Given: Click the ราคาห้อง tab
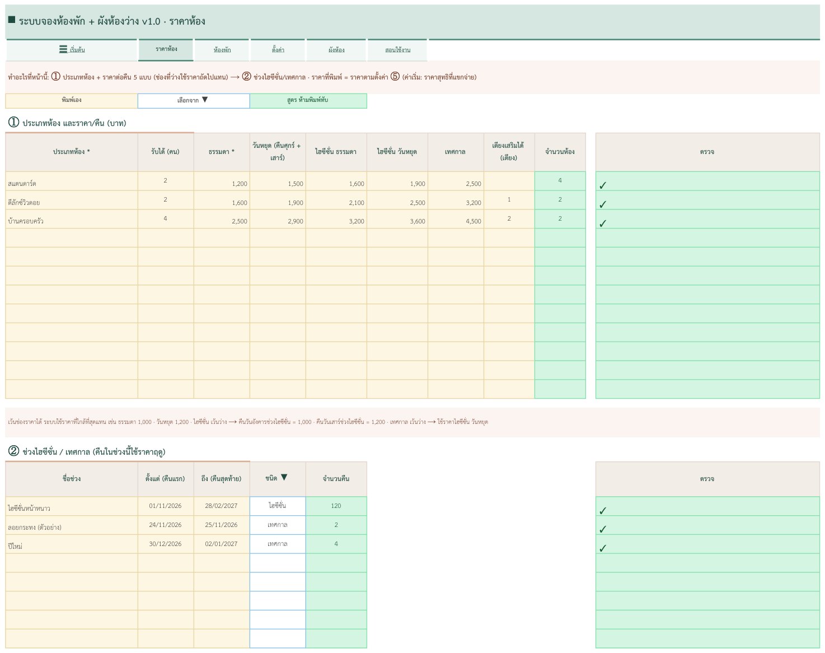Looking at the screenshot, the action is point(166,49).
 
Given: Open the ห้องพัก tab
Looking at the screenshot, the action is point(222,50).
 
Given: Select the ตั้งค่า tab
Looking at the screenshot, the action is point(278,50).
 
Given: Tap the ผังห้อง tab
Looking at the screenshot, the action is point(336,50).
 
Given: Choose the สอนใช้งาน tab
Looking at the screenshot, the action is point(397,50).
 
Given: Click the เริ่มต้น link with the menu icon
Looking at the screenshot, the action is point(72,50).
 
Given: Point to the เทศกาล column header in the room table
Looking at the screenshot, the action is point(456,152).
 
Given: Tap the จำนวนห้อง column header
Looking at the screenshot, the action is point(560,152).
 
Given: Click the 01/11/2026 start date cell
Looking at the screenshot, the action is point(166,506).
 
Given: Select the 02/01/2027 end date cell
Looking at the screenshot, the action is point(222,544).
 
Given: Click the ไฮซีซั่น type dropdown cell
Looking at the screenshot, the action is point(278,506).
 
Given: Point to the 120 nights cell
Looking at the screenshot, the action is point(336,506).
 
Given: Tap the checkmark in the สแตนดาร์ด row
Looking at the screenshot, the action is point(603,185).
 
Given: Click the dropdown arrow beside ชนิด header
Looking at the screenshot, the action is point(284,477).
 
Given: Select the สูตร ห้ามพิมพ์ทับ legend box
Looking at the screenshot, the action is point(308,101).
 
